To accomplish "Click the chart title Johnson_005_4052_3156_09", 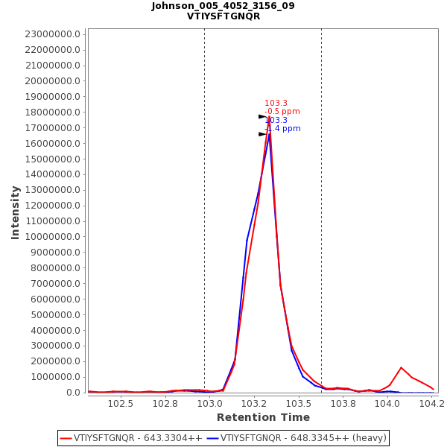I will click(223, 6).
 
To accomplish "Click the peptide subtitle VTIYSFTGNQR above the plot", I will click(223, 16).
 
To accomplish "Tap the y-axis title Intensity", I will click(15, 212).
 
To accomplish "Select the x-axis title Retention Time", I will click(263, 417).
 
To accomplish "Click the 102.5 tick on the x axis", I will click(121, 404).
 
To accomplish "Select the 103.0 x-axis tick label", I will click(210, 404).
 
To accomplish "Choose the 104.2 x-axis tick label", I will click(431, 404).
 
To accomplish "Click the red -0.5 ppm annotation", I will click(282, 112).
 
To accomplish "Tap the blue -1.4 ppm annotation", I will click(282, 128).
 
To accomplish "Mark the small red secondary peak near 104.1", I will click(401, 367).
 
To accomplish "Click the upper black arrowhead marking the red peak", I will click(262, 117).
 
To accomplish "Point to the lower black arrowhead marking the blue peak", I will click(262, 134).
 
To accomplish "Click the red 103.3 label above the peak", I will click(276, 104).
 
